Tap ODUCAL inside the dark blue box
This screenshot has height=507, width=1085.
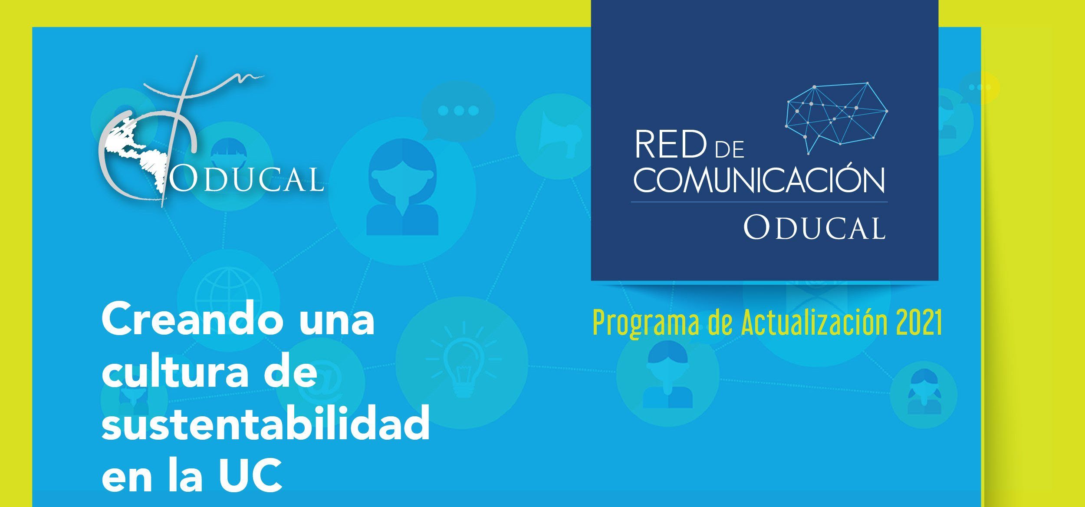click(814, 227)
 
